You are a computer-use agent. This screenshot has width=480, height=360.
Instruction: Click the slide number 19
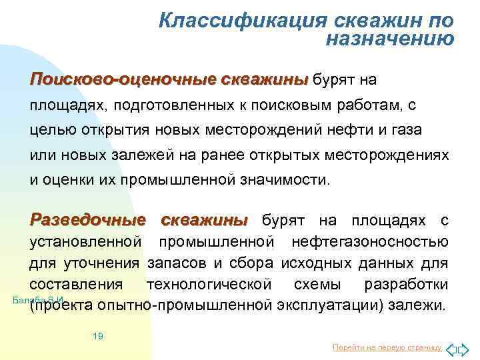(x=97, y=336)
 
